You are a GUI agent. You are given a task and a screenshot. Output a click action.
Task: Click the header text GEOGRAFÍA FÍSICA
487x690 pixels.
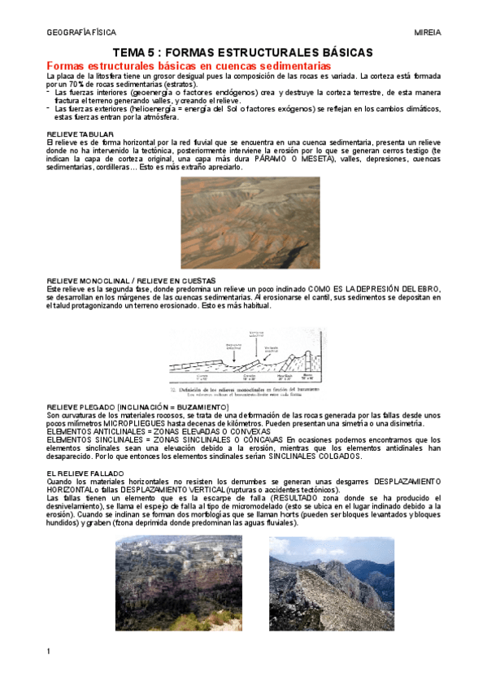81,33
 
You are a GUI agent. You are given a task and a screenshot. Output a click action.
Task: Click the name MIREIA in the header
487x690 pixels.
428,33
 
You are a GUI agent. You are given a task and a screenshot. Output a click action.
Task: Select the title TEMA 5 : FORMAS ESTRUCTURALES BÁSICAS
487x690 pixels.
242,52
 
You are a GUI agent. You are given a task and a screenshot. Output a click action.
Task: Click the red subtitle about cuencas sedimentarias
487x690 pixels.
189,65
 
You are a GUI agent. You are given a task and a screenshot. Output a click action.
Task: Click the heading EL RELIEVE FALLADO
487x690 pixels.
85,472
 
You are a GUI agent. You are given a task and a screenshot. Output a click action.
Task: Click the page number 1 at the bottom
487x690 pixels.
50,651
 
